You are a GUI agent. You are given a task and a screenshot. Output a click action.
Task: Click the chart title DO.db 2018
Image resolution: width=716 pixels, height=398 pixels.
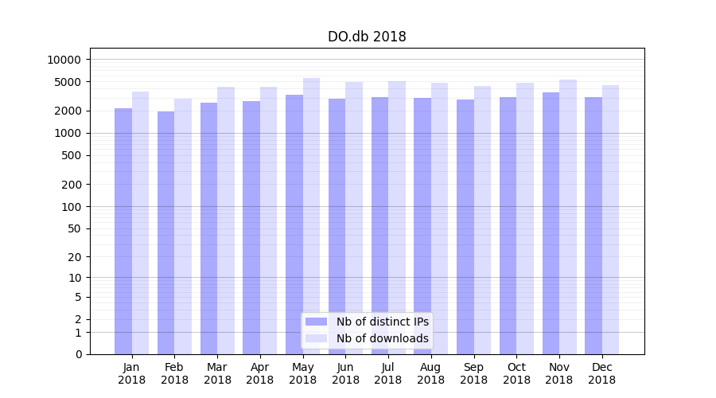pos(367,37)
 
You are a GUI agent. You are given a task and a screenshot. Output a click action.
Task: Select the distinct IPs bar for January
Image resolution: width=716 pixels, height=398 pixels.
pos(123,231)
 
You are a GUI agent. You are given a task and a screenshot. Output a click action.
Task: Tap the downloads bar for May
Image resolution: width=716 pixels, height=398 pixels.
pos(311,216)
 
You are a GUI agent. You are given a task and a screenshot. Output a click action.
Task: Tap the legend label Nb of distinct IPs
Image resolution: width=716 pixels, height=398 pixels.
pos(383,322)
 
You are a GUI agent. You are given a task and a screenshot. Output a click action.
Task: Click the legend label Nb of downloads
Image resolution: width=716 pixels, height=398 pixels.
pos(383,338)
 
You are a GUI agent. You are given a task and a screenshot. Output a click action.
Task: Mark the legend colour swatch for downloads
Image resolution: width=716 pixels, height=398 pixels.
pos(317,338)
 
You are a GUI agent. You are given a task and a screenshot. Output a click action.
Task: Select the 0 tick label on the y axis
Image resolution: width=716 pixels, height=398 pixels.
pos(78,354)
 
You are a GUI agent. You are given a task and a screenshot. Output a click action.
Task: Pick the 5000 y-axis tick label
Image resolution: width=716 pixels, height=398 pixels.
pos(67,82)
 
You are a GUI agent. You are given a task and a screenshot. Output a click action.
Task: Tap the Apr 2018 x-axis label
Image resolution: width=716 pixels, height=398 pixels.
pos(260,373)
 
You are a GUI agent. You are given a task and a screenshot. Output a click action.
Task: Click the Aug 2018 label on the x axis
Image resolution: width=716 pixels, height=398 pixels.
pos(430,373)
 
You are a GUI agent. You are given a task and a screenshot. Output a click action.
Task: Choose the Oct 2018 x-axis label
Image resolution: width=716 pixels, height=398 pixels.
pos(516,373)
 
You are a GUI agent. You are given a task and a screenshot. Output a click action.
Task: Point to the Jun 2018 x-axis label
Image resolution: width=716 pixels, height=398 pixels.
pos(345,373)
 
